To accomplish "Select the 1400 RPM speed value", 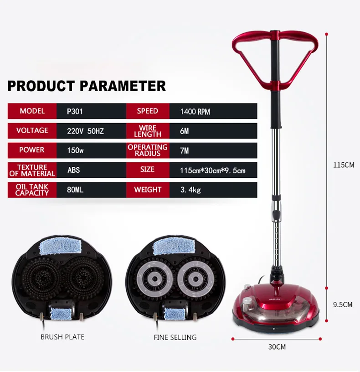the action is [x=195, y=112].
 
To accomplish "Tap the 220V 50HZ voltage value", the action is [x=85, y=131].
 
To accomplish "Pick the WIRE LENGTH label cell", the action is [x=148, y=131].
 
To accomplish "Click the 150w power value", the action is [x=75, y=150].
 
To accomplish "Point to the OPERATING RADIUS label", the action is [x=148, y=150].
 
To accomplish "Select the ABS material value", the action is [x=73, y=170].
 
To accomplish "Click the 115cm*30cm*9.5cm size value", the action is [x=213, y=170].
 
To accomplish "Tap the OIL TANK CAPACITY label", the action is [x=32, y=190].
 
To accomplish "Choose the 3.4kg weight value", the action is [x=190, y=190].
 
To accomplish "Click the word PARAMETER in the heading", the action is [x=123, y=86].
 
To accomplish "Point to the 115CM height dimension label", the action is [x=344, y=165].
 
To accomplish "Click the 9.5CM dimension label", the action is [x=343, y=305].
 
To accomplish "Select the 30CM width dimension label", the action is [x=277, y=347].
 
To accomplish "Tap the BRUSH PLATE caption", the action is [x=62, y=337].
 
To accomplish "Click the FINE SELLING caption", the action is [x=175, y=337].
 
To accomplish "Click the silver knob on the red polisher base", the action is [x=247, y=301].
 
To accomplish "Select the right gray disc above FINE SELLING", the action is [x=195, y=279].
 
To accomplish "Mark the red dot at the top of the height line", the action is [x=327, y=34].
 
